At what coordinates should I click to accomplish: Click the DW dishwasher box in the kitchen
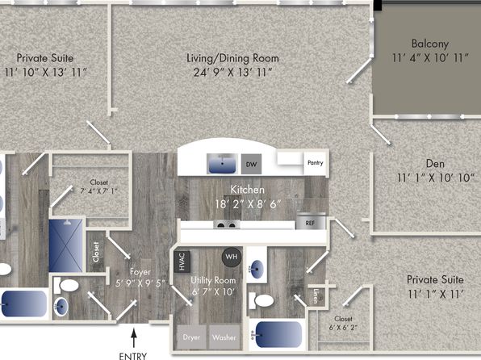(251, 164)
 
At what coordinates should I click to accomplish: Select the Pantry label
(316, 162)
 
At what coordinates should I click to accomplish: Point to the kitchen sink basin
(222, 164)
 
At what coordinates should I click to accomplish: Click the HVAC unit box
(182, 262)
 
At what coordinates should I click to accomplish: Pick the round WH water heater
(232, 257)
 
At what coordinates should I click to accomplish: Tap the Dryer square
(191, 337)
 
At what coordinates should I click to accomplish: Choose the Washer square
(224, 337)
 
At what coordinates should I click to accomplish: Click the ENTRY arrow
(133, 338)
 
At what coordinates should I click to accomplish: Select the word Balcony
(430, 44)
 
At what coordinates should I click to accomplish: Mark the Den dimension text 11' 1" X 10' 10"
(436, 178)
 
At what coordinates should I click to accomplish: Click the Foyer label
(140, 272)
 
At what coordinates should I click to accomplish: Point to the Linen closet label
(316, 296)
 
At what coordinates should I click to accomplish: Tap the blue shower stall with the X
(65, 245)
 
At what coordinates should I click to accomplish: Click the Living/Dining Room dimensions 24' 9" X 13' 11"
(232, 73)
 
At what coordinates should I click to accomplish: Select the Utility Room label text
(213, 280)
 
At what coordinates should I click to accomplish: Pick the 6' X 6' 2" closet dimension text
(343, 328)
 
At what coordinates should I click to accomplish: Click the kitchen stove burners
(227, 224)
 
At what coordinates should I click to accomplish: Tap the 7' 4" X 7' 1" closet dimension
(98, 190)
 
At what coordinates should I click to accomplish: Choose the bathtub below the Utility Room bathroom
(276, 334)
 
